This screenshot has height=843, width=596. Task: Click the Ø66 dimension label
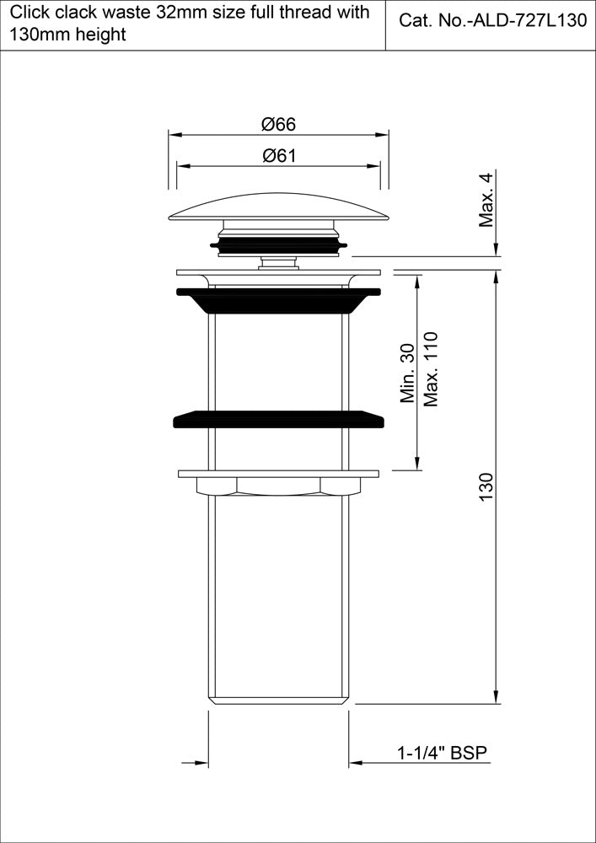point(278,124)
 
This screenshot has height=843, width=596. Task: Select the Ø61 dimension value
point(278,155)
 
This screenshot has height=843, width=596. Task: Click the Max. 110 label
point(432,368)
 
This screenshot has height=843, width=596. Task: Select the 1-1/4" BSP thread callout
point(443,754)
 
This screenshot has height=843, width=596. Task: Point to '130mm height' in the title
point(67,35)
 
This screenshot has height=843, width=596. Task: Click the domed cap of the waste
point(278,207)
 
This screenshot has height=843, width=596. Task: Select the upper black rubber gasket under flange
point(278,299)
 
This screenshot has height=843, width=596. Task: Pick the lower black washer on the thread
point(278,419)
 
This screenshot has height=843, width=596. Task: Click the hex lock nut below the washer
point(278,486)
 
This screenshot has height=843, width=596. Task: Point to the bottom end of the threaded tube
point(278,699)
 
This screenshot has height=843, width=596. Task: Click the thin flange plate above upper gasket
point(278,272)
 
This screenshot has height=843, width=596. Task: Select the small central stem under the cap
point(278,263)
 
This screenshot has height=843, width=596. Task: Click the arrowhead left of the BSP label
point(357,764)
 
